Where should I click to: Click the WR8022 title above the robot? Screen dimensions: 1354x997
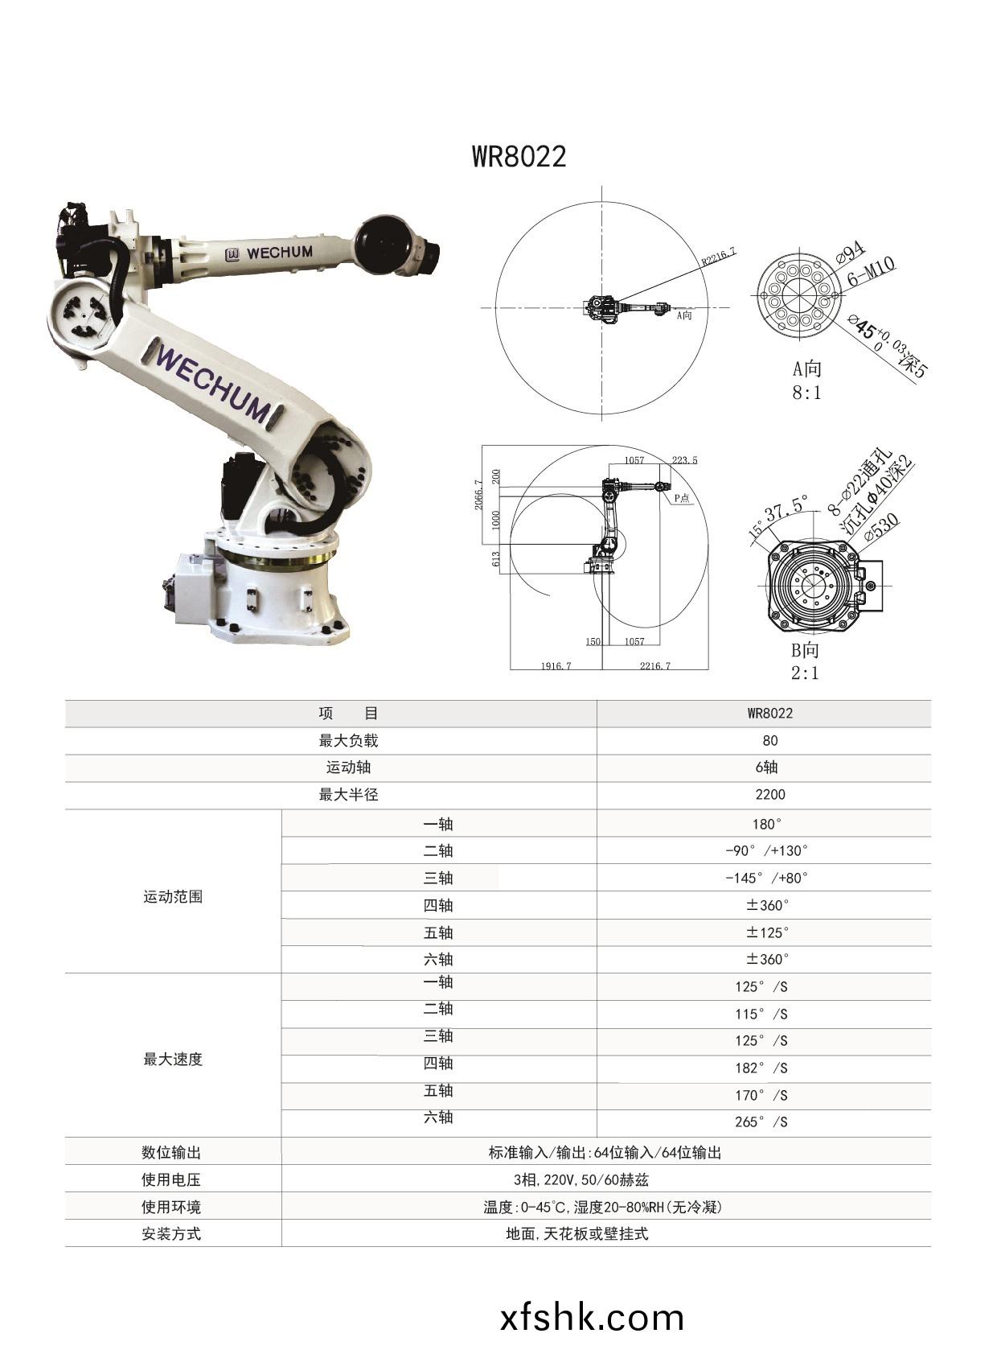(519, 156)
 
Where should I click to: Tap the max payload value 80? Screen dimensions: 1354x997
(769, 740)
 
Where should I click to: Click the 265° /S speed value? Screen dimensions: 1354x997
(761, 1121)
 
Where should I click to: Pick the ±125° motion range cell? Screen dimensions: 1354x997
(767, 932)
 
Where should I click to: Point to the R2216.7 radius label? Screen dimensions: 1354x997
(718, 257)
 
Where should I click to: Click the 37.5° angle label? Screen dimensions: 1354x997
(786, 508)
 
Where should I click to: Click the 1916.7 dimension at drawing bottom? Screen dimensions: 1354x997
(556, 665)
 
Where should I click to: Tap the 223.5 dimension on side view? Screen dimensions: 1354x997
(684, 460)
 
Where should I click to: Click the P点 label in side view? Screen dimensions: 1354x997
(682, 498)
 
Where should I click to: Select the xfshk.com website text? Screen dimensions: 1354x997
(592, 1318)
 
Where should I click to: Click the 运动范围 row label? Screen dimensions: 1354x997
(172, 896)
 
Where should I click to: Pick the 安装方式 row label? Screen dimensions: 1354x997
(171, 1233)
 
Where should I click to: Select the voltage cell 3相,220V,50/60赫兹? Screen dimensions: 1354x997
(581, 1179)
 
